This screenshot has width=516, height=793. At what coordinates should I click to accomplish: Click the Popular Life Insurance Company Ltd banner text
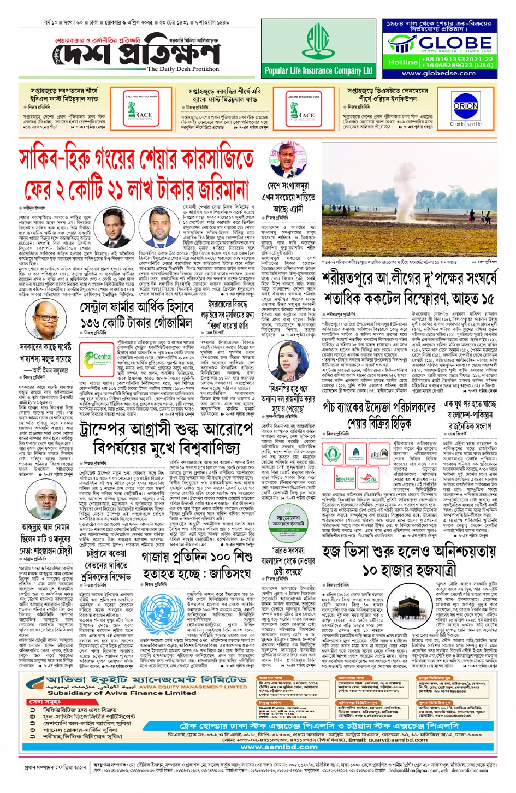tap(318, 70)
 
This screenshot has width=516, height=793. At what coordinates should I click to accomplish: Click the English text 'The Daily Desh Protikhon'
tap(183, 69)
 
